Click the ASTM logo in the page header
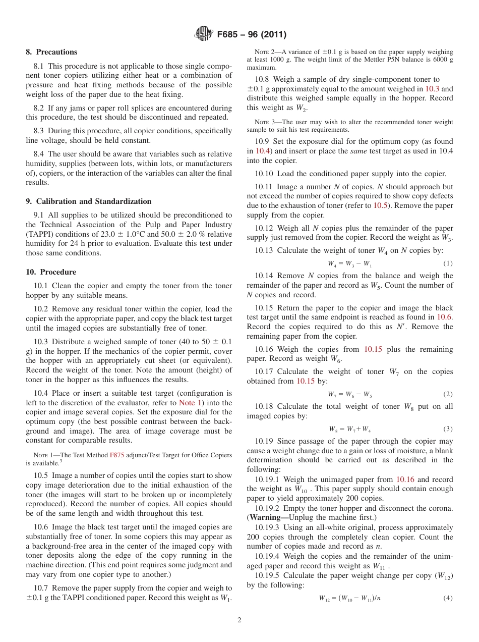[x=204, y=34]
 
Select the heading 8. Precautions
[x=51, y=52]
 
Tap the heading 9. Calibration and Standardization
[x=89, y=201]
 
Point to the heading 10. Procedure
[x=51, y=272]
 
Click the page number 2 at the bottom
[x=239, y=620]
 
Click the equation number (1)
[x=448, y=263]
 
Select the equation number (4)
[x=448, y=598]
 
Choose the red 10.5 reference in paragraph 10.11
[x=380, y=205]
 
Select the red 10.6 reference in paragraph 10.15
[x=444, y=317]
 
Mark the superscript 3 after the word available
[x=61, y=461]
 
